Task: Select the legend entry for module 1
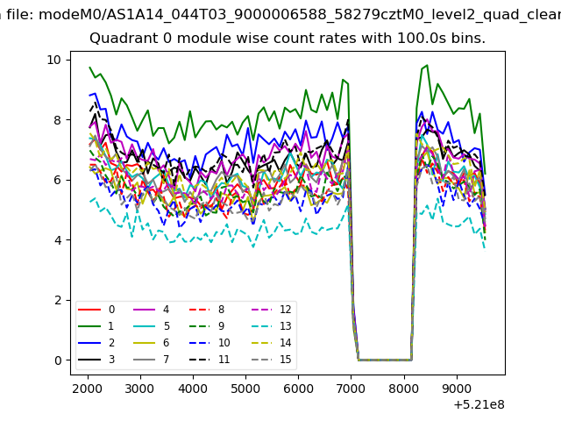tap(96, 326)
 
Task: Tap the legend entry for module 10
tap(209, 343)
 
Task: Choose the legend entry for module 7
tap(151, 360)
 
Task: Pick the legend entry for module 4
tap(151, 310)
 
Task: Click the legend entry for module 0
tap(96, 310)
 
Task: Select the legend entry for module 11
tap(209, 360)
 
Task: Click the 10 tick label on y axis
tap(54, 60)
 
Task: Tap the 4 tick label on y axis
tap(58, 240)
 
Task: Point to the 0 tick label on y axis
tap(58, 360)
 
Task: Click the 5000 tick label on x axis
tap(245, 389)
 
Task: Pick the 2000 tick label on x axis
tap(88, 389)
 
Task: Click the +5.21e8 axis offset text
tap(479, 405)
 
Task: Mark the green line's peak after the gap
tap(427, 65)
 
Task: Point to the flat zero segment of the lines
tap(385, 360)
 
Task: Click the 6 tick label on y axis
tap(58, 180)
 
